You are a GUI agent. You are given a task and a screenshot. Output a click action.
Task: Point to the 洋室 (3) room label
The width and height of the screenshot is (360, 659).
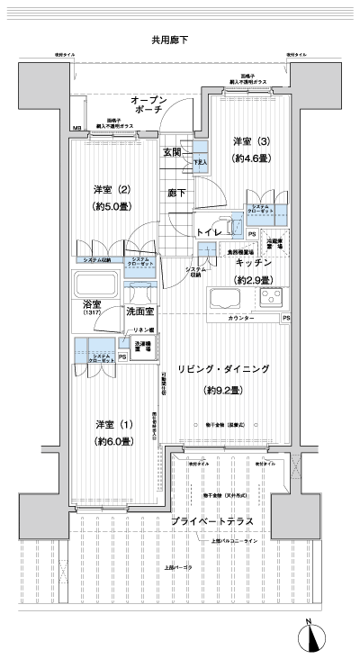(252, 141)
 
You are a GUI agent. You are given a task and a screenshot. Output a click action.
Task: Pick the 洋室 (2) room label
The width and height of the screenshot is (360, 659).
(112, 189)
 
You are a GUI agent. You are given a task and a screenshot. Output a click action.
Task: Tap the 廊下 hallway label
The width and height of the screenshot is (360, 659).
(177, 193)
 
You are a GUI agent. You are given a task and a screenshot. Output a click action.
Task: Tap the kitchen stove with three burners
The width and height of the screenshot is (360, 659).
(271, 298)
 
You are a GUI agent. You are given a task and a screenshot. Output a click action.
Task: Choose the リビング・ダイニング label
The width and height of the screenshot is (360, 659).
(220, 369)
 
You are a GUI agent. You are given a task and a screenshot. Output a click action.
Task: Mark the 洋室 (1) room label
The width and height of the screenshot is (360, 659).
(112, 424)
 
